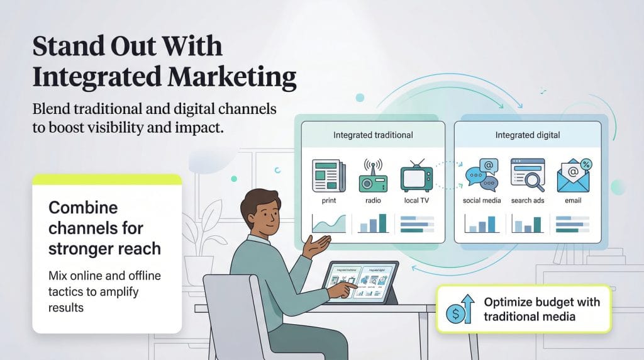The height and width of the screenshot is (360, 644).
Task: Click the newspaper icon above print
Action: [x=328, y=176]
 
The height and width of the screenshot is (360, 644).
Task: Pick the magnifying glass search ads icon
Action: [x=527, y=174]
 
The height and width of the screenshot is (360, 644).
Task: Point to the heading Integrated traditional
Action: [x=373, y=135]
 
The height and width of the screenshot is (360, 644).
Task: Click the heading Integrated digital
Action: [x=527, y=135]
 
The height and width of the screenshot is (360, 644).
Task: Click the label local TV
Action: [x=416, y=201]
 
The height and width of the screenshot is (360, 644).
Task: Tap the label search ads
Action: [x=527, y=201]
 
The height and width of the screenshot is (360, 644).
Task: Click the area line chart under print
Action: [x=328, y=223]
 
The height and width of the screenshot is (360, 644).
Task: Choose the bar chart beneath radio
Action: [x=372, y=223]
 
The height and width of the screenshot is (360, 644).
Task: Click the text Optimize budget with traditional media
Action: [x=541, y=309]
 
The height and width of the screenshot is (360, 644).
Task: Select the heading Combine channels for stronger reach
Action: [x=104, y=228]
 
